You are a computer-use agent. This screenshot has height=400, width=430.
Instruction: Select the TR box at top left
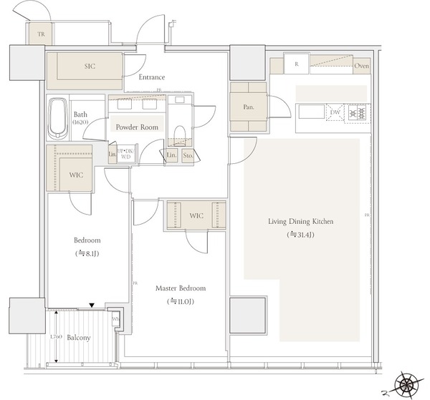33,32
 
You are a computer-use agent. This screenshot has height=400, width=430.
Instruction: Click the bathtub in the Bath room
58,118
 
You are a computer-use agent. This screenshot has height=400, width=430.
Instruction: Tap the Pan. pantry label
248,108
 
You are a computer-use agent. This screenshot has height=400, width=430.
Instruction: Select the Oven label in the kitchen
361,68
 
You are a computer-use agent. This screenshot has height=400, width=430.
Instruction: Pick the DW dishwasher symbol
335,112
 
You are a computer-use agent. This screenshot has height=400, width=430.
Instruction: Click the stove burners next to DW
358,112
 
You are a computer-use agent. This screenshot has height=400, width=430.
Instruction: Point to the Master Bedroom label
181,288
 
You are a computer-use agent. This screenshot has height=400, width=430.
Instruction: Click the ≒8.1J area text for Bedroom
87,254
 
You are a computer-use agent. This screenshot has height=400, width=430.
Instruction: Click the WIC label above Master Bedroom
196,215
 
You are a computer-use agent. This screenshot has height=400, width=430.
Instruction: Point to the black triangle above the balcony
90,306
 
